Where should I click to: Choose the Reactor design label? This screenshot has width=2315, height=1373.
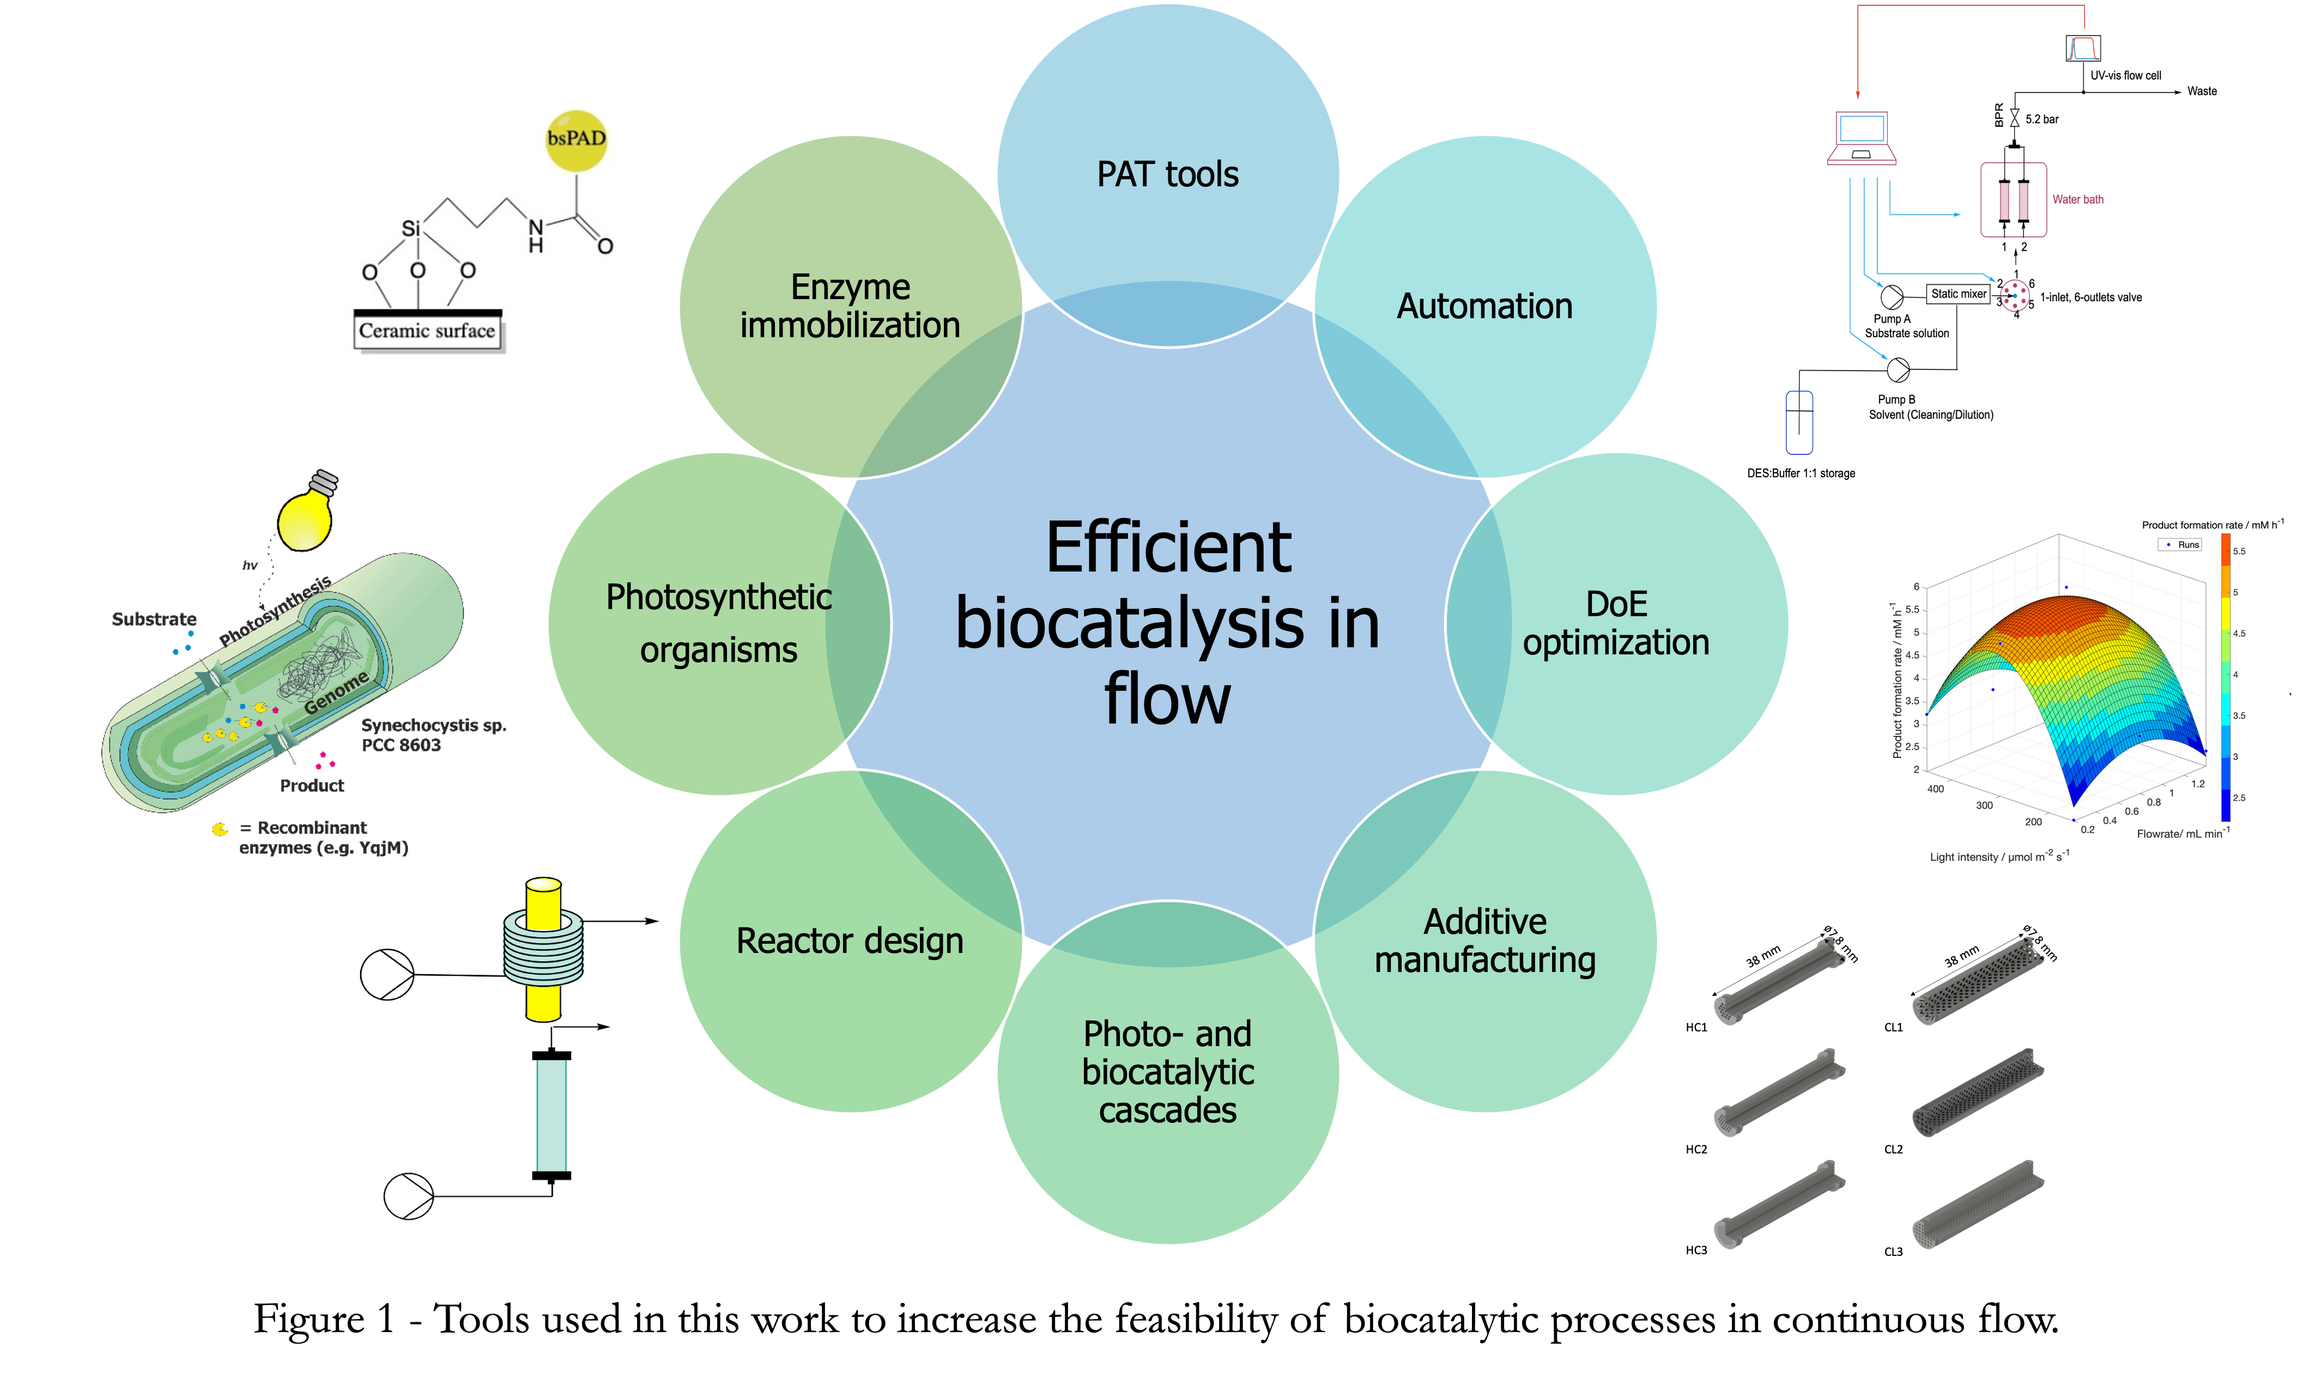[x=850, y=941]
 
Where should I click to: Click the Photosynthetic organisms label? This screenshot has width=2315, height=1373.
[x=718, y=623]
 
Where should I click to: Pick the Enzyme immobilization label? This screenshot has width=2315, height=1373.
[x=850, y=306]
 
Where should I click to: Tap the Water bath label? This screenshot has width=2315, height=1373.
[x=2077, y=199]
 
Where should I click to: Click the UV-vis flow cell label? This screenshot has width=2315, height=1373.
[x=2125, y=76]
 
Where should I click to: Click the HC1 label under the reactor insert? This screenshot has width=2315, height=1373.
[x=1696, y=1027]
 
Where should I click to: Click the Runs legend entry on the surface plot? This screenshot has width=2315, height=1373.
[x=2187, y=545]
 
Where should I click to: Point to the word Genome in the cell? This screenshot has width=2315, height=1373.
[x=337, y=692]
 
